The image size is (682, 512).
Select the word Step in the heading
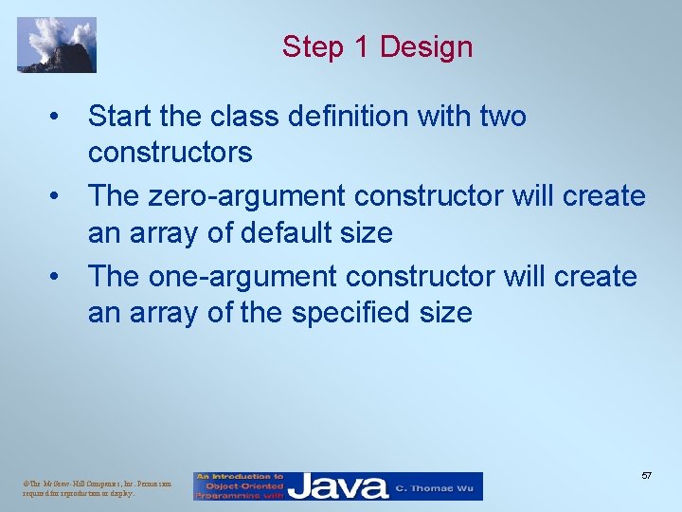click(x=313, y=46)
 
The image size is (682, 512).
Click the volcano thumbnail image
click(x=56, y=45)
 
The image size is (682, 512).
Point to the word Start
click(x=122, y=117)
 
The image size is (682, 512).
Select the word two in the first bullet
click(x=503, y=117)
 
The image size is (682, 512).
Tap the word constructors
click(x=170, y=152)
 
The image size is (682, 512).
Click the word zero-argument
click(x=246, y=196)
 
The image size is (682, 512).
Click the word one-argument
click(x=242, y=276)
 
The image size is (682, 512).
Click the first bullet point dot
click(x=59, y=118)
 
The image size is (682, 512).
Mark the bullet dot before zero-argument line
click(x=59, y=197)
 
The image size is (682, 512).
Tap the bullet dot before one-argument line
click(x=59, y=277)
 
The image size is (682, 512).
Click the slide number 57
click(x=645, y=474)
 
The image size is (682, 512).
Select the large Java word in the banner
click(x=338, y=486)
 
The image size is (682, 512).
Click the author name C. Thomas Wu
click(x=437, y=487)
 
